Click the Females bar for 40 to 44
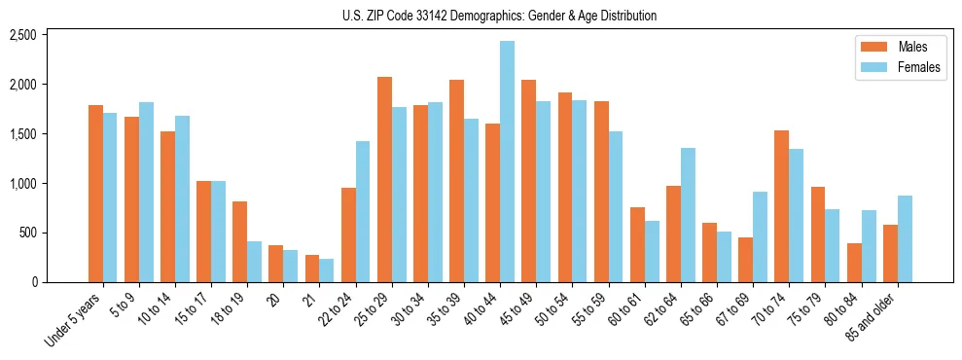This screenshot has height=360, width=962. (508, 162)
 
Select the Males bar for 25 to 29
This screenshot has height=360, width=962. (384, 179)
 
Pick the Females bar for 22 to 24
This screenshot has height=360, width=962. (363, 211)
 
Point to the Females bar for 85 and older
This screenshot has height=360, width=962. (905, 238)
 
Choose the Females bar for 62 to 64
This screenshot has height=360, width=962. (688, 215)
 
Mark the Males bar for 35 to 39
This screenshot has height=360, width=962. (456, 181)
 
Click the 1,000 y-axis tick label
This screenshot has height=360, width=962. (22, 183)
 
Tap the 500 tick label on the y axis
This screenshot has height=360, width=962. (26, 233)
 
